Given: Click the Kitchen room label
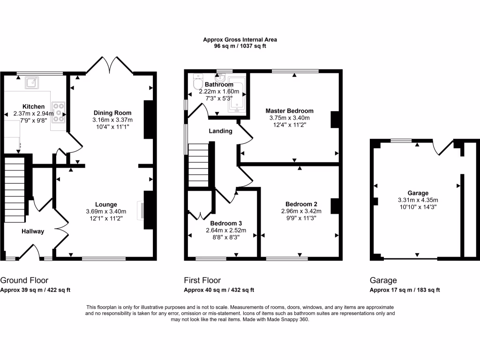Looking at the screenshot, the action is point(34,106).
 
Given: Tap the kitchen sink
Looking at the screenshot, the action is point(32,82).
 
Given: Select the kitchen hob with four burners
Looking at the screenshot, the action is point(59,112).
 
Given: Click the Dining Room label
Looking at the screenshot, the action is point(112,113).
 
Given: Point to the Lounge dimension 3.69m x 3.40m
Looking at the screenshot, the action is point(106,211).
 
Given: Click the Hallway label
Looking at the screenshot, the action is point(33,232).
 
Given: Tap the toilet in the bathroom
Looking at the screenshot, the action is point(198,81).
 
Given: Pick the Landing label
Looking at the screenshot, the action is point(220,131).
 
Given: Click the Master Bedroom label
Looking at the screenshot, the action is point(289,111).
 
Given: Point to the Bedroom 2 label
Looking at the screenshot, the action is point(301,204).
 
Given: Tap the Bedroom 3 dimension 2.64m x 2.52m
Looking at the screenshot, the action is point(226,230).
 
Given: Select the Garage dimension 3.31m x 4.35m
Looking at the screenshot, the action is point(418,200).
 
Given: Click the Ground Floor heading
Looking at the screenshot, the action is point(24,280).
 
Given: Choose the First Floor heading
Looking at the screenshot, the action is point(202,280).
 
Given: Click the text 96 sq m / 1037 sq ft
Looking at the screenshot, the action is point(240,46).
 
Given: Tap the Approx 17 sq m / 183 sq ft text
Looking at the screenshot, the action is point(405,290).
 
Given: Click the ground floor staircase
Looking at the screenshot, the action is point(15,190).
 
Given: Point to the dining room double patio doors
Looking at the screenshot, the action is point(110,65).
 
